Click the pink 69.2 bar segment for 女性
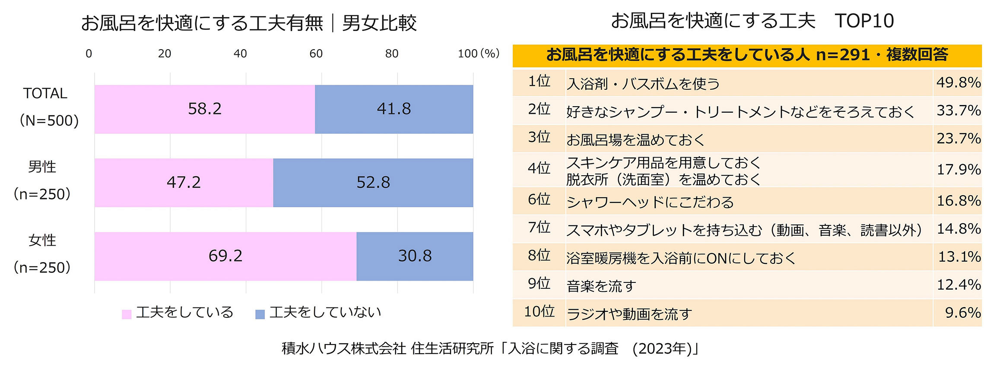coord(225,256)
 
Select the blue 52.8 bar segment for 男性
coord(373,183)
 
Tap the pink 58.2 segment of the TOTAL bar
coord(204,109)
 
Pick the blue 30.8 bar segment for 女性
coord(415,256)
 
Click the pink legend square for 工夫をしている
coord(127,314)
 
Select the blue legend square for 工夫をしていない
coord(260,314)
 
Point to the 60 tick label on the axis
coord(316,54)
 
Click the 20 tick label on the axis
coord(164,54)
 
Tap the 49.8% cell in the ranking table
coord(958,82)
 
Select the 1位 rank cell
coord(539,81)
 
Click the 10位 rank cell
coord(539,312)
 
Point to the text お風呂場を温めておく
coord(635,140)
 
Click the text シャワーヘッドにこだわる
coord(650,202)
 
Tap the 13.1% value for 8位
coord(959,257)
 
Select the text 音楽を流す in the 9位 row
coord(601,286)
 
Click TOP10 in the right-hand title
coord(864,21)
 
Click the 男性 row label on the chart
coord(42,167)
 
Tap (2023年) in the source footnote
coord(663,348)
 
